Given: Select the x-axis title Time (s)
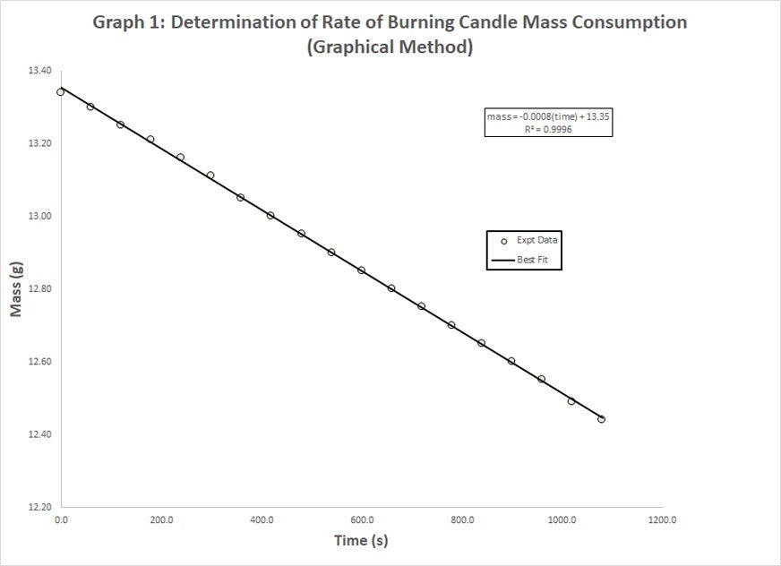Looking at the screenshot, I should coord(361,540).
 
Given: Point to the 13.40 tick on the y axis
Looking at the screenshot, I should coord(41,71).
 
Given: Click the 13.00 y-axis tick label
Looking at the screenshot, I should coord(41,217).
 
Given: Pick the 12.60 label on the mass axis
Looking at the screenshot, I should coord(41,362).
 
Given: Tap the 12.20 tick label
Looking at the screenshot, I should coord(41,507).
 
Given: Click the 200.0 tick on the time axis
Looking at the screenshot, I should coord(161,519).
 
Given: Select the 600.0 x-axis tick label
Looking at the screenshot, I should coord(362,519).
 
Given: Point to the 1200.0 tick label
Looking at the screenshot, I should coord(662,519).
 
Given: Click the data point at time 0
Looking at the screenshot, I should coord(61,91).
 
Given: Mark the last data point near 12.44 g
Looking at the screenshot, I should coord(601,419).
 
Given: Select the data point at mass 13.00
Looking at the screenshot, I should coord(270,216).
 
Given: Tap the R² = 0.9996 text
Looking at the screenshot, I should coord(548,129).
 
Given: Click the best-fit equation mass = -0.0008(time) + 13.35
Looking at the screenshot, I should coord(548,116).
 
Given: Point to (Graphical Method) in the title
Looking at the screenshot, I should coord(390,47).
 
